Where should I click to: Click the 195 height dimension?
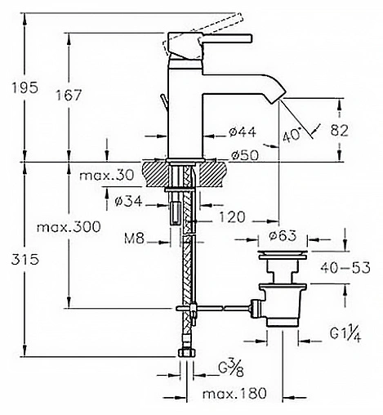tap(24, 87)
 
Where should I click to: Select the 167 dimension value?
tap(69, 95)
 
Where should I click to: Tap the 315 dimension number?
tap(25, 260)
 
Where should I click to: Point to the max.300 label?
tap(69, 227)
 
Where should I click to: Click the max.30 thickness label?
tap(107, 175)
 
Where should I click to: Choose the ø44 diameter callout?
tap(243, 132)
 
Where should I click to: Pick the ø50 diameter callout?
tap(245, 155)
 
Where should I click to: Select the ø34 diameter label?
tap(128, 202)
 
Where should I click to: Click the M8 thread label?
tap(134, 239)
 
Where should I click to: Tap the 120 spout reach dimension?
tap(232, 217)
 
